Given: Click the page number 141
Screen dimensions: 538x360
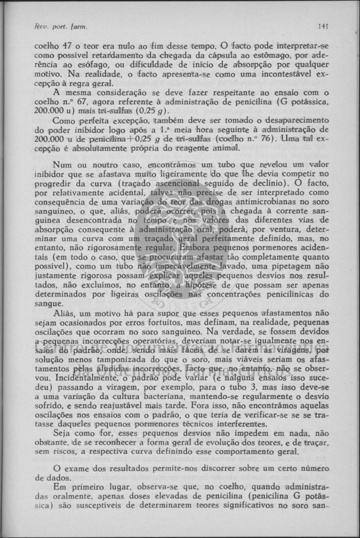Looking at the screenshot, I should point(324,25).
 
